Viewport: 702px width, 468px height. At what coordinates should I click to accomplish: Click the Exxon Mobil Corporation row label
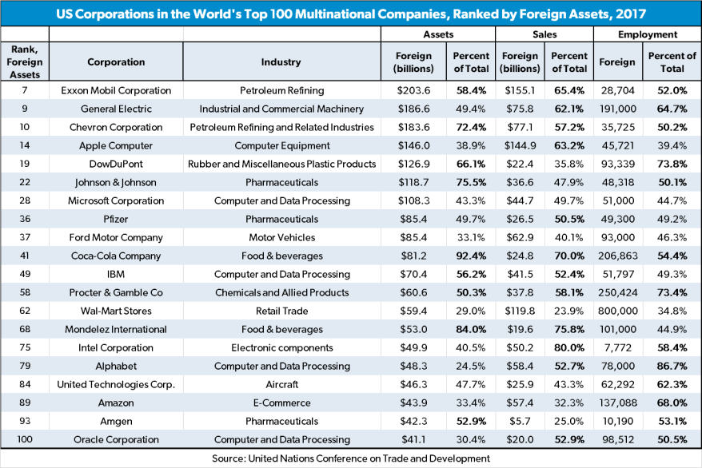tap(116, 90)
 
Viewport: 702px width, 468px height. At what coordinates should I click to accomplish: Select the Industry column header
tap(281, 61)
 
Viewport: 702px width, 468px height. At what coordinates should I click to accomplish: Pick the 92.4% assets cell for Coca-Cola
tap(471, 256)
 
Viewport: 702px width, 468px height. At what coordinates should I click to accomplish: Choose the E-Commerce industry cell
tap(281, 403)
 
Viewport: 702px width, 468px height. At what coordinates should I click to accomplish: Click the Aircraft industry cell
tap(281, 384)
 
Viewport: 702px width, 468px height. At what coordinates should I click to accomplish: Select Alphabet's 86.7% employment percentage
tap(672, 366)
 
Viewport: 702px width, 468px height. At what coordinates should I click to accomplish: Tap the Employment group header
tap(647, 34)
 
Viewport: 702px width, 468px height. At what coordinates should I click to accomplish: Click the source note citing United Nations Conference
tap(351, 458)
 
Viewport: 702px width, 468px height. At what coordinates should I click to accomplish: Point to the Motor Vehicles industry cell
tap(281, 237)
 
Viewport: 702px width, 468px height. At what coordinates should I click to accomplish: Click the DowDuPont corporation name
tap(116, 164)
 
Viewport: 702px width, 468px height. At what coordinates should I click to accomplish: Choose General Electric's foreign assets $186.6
tap(413, 109)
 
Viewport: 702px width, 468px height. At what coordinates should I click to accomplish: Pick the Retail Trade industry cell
tap(281, 311)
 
